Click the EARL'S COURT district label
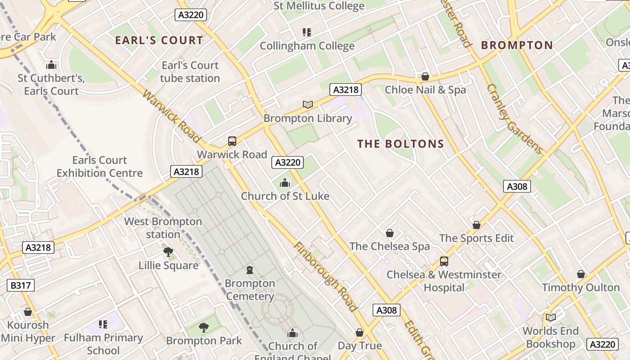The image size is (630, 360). click(159, 40)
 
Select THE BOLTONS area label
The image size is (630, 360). click(400, 144)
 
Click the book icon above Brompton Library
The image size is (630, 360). click(308, 104)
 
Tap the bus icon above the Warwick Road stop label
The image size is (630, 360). click(232, 141)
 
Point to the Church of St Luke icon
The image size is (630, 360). click(285, 183)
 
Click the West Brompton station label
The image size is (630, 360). click(163, 228)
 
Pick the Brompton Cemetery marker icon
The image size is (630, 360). click(250, 270)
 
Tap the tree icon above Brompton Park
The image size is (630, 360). click(204, 327)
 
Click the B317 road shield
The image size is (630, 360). click(21, 285)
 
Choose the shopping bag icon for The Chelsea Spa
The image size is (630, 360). click(390, 233)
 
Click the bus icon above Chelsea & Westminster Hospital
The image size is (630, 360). click(444, 261)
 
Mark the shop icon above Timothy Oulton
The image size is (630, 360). click(581, 274)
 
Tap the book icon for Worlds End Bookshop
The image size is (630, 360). click(551, 318)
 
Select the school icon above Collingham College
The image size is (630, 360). click(307, 32)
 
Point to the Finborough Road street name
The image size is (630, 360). click(325, 277)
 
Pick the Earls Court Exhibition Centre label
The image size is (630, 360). click(99, 166)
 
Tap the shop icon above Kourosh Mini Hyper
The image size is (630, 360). click(28, 312)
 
